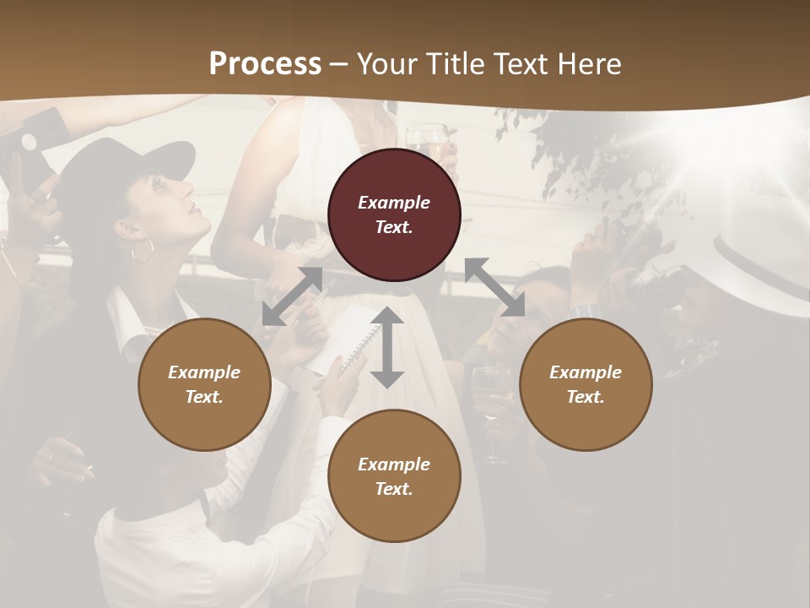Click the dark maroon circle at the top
click(394, 215)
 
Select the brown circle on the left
click(204, 385)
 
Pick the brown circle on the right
click(586, 385)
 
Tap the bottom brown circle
click(394, 476)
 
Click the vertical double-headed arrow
click(387, 347)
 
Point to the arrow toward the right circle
click(495, 287)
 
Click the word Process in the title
click(265, 63)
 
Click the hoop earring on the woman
click(143, 251)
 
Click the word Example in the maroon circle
click(394, 203)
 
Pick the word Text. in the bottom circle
click(394, 489)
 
